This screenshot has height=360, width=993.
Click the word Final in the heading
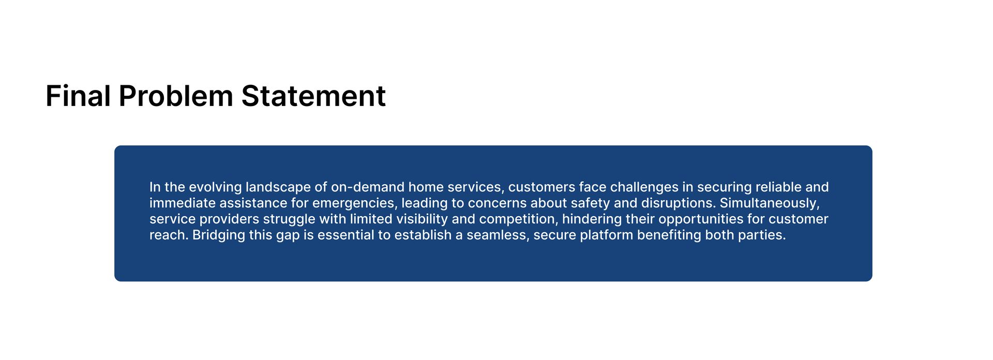[x=78, y=96]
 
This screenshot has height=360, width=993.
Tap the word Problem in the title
[x=176, y=96]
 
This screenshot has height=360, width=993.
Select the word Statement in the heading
[x=313, y=96]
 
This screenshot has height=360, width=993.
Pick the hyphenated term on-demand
[x=368, y=187]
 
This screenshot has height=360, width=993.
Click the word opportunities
[x=701, y=219]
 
